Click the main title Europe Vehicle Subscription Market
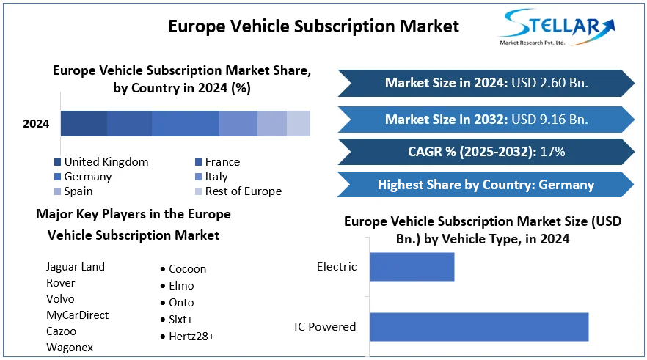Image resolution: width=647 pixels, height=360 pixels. point(313,26)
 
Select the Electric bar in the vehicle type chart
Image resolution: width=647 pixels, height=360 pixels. point(412,267)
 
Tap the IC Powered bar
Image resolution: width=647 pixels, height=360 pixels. point(479,326)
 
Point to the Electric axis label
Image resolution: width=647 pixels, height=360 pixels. point(336,267)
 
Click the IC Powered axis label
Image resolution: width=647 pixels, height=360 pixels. point(325,327)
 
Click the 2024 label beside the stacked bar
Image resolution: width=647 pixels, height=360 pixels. point(36,124)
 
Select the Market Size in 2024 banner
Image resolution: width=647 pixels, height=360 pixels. point(486,83)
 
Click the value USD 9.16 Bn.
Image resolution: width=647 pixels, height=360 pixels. point(549,120)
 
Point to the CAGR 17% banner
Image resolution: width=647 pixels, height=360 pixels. point(486,153)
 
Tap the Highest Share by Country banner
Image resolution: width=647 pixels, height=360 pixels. point(486,185)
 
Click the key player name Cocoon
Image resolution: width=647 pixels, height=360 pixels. point(187,269)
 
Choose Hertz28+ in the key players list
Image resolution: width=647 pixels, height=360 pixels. point(191,337)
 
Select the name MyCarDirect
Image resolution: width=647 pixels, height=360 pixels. point(77,315)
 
